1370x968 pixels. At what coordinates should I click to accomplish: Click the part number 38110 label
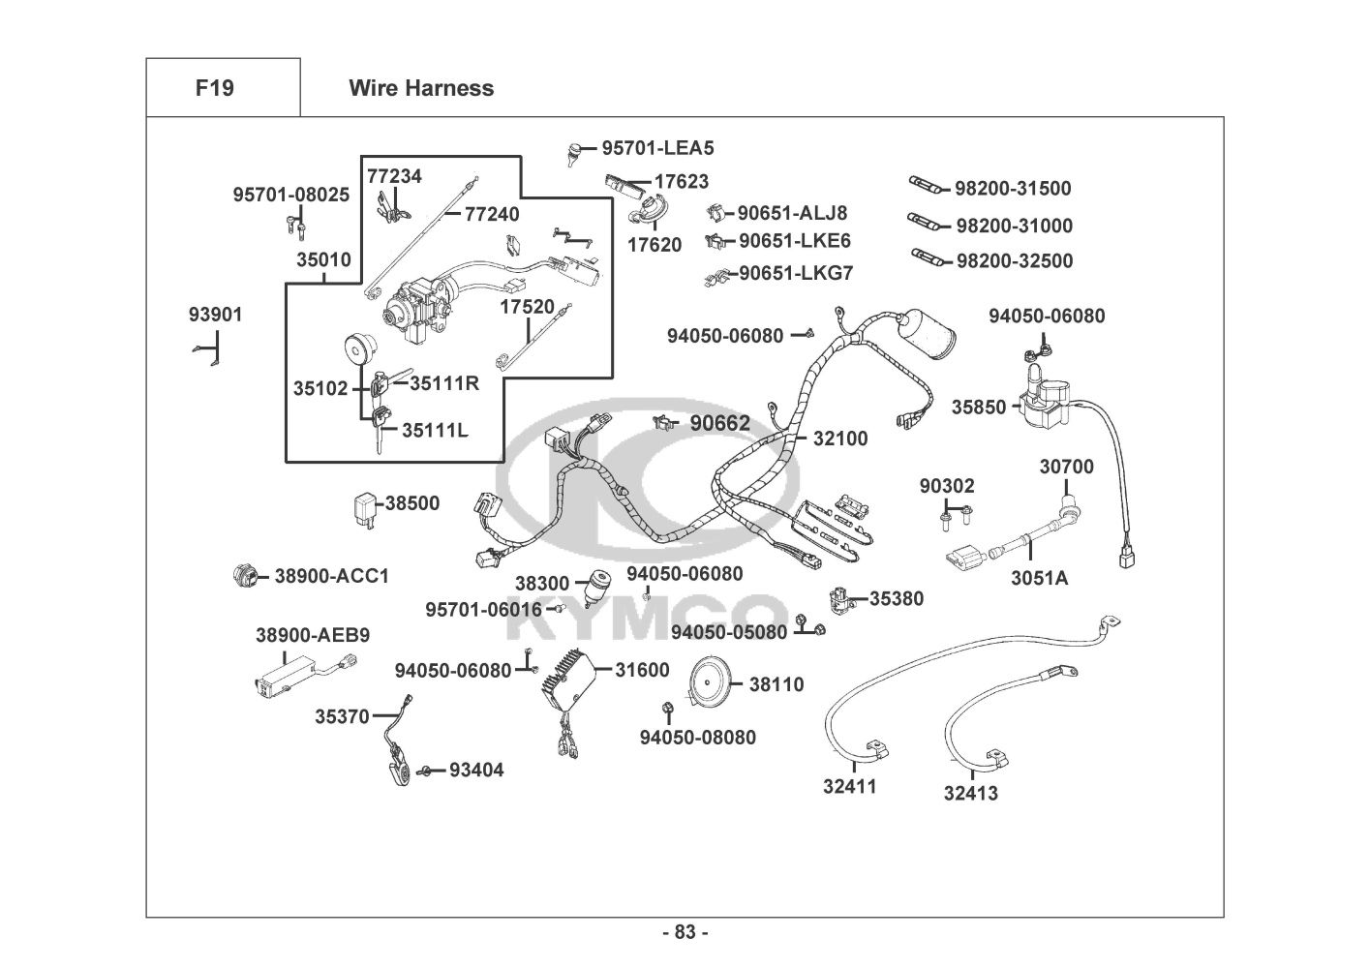[x=776, y=685]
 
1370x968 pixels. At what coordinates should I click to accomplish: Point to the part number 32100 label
[x=840, y=439]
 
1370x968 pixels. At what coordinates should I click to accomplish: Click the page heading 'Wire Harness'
[x=421, y=88]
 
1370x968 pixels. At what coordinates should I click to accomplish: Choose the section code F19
[x=214, y=88]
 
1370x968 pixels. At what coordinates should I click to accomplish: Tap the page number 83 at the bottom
[x=685, y=933]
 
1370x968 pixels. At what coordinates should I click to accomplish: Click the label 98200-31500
[x=1013, y=189]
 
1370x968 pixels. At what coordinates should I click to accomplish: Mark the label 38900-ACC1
[x=332, y=577]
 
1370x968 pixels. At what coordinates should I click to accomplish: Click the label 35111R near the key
[x=444, y=383]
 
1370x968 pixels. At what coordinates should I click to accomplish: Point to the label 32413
[x=971, y=794]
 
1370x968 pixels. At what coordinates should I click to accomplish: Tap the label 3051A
[x=1040, y=579]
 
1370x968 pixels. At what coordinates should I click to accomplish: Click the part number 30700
[x=1067, y=467]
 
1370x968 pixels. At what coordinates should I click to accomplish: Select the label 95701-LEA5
[x=657, y=148]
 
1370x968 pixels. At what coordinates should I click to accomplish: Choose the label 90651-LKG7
[x=796, y=274]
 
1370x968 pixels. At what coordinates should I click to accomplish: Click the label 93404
[x=476, y=771]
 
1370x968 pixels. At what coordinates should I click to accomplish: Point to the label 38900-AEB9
[x=313, y=635]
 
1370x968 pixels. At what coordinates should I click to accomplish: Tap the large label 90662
[x=719, y=423]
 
